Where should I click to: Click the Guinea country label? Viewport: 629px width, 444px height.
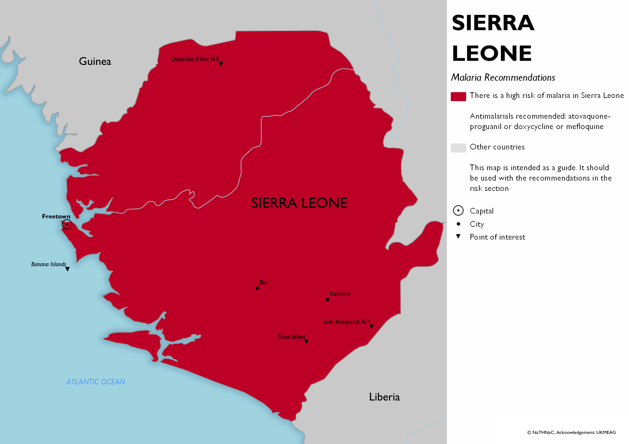point(95,61)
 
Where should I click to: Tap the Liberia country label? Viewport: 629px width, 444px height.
point(384,397)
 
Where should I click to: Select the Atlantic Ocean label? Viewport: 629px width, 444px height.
point(96,382)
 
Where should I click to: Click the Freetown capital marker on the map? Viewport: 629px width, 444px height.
point(67,224)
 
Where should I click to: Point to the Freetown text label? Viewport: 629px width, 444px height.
point(56,216)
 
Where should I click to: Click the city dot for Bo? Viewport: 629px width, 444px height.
point(258,288)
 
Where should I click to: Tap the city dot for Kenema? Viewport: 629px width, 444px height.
point(328,300)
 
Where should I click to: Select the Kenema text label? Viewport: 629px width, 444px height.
point(340,294)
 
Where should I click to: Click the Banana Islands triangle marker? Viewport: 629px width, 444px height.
point(67,269)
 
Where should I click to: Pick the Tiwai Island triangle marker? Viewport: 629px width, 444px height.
point(306,341)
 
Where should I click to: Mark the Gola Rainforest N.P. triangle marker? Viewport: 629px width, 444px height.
point(372,327)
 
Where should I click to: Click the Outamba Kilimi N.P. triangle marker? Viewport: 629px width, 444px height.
point(221,64)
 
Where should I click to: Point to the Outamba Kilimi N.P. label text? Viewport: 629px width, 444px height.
point(195,59)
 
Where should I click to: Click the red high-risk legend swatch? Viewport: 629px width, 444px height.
point(458,96)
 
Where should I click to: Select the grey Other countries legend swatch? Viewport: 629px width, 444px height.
point(458,148)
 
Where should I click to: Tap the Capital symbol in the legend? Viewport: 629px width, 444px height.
point(458,211)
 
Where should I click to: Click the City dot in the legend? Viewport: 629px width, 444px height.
point(459,224)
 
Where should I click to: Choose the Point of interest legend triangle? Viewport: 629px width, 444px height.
point(458,236)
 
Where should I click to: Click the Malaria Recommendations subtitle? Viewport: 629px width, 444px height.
point(503,77)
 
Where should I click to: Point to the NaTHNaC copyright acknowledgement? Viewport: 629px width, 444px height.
point(571,432)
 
